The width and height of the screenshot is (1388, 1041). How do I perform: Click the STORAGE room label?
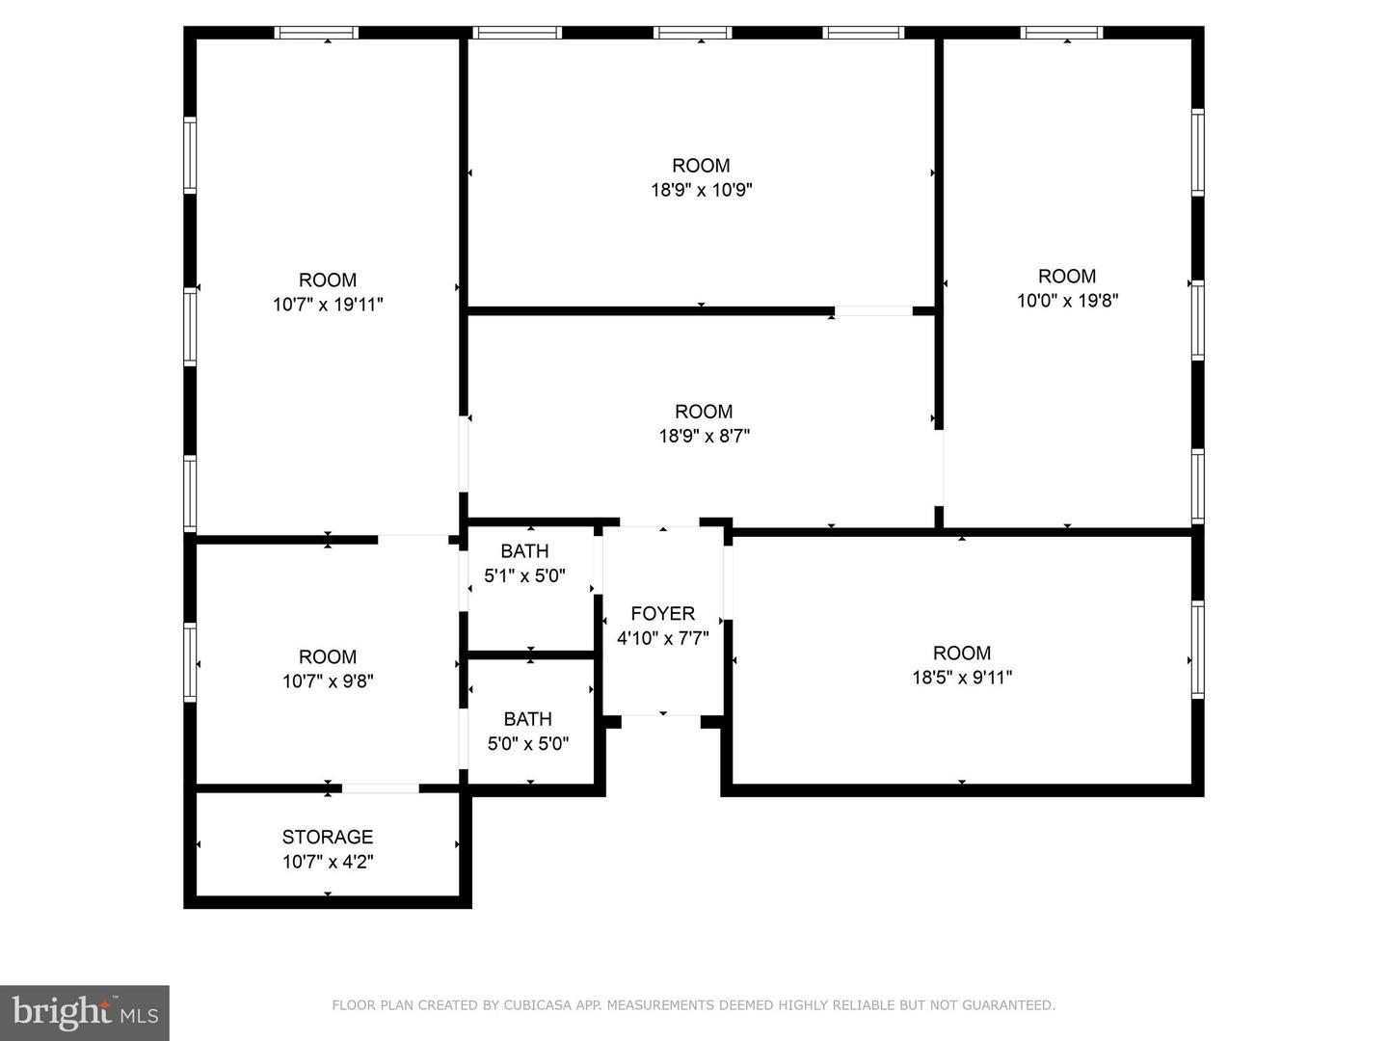(328, 837)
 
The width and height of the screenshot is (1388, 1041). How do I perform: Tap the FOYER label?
(663, 613)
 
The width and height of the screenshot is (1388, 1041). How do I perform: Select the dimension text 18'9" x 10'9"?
(702, 190)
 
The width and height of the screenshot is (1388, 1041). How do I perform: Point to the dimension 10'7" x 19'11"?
(328, 304)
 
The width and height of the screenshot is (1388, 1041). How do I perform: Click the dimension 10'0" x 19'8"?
(1067, 300)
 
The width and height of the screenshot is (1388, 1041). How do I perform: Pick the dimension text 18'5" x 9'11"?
(962, 677)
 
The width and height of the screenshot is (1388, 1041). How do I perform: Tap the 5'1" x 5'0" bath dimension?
(524, 575)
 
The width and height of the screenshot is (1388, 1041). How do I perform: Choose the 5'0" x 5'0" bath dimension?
(528, 743)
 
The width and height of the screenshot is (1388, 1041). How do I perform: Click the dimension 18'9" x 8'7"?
(705, 436)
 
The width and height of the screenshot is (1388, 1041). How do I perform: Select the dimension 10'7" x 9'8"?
(328, 681)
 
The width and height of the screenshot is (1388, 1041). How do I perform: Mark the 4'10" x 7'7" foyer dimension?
(663, 638)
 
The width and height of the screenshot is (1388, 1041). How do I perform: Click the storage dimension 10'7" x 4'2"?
(328, 862)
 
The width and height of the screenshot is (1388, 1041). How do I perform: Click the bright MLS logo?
(85, 1013)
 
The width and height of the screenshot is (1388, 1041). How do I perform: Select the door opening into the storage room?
(381, 788)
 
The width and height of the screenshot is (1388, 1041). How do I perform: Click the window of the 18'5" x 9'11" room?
(1198, 650)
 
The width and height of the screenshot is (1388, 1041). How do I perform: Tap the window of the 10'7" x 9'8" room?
(190, 662)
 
